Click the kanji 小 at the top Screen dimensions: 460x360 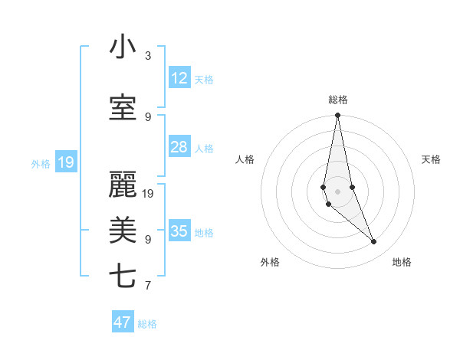tap(123, 47)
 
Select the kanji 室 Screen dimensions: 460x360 tap(123, 109)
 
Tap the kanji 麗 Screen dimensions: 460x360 tap(123, 184)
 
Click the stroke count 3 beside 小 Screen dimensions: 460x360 tap(148, 56)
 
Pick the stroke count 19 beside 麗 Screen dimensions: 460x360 tap(148, 193)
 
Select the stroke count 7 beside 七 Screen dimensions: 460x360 tap(148, 286)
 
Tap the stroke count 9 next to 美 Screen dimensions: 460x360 tap(148, 239)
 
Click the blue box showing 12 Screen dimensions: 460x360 tap(179, 78)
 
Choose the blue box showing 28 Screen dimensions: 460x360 tap(179, 147)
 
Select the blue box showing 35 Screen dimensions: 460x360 tap(179, 231)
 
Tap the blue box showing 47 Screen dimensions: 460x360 tap(123, 322)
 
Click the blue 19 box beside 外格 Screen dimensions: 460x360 tap(66, 162)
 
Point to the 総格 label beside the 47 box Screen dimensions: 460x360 tap(147, 324)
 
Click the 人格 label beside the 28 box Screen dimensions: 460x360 tap(204, 149)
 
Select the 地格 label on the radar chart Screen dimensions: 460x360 tap(402, 262)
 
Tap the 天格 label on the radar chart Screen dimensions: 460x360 tap(432, 159)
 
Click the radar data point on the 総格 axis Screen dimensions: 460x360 tap(337, 115)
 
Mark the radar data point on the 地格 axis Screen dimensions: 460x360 tap(374, 242)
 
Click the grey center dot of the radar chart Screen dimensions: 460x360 tap(337, 191)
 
